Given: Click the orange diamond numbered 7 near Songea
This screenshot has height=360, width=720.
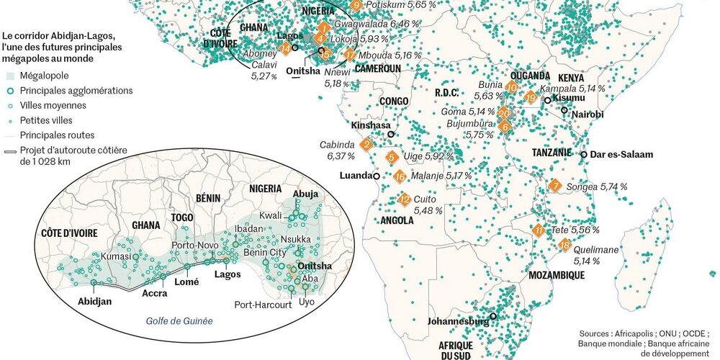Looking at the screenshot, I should point(554,186).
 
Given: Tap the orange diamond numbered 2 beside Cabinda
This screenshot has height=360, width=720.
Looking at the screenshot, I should point(366,145).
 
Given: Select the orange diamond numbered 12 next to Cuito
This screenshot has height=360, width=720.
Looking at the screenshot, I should point(405,199).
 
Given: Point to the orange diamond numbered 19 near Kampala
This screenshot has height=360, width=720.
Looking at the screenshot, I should point(531,98).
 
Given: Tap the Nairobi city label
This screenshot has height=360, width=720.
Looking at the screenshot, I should point(589,115).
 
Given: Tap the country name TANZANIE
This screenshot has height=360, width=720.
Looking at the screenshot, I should point(552,153).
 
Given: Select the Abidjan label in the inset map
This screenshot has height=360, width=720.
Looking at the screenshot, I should point(95,302).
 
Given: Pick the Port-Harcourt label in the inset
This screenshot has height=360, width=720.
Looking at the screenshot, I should point(263,305).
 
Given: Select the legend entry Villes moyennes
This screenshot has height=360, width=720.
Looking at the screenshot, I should point(53,105).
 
